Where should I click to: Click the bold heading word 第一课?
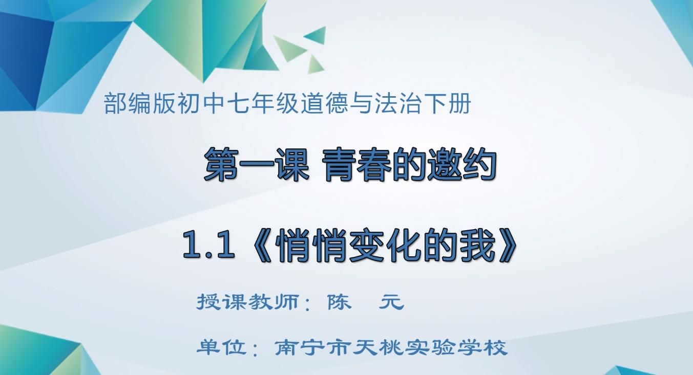pos(257,164)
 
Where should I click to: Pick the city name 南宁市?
pos(312,347)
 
